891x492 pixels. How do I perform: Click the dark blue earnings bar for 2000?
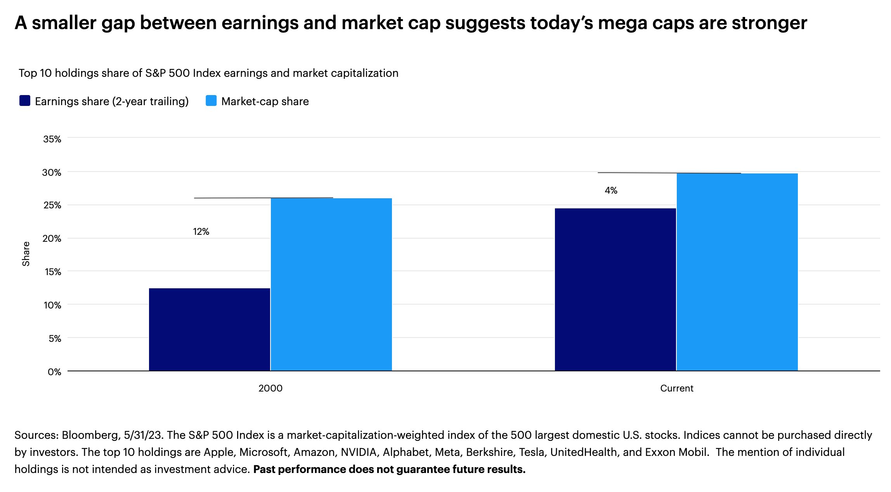(210, 329)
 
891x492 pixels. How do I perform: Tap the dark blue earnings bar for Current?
(615, 289)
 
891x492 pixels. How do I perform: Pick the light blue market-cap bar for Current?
(737, 272)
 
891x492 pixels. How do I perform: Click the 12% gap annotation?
(201, 232)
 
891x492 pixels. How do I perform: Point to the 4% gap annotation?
(611, 191)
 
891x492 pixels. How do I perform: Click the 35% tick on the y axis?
(52, 139)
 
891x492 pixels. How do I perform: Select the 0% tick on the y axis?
(54, 372)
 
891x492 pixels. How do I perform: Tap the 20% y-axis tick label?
(52, 239)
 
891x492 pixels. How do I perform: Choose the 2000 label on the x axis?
(270, 388)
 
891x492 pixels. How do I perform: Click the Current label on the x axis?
(676, 388)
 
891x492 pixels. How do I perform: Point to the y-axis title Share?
(26, 254)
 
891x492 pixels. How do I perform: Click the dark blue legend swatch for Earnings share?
(25, 101)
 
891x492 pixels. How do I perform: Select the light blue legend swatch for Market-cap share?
(211, 101)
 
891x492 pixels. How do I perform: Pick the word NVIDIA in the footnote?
(359, 452)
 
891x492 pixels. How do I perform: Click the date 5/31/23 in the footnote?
(142, 435)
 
